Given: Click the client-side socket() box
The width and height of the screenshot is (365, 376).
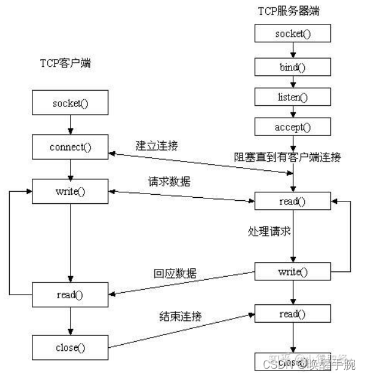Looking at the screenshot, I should click(x=70, y=103).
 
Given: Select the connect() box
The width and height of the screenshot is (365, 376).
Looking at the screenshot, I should click(x=70, y=147).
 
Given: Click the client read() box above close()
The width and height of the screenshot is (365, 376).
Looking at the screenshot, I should click(x=70, y=294).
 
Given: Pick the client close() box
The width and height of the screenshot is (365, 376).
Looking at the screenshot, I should click(x=70, y=347).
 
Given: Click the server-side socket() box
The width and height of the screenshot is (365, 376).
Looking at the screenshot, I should click(x=293, y=32).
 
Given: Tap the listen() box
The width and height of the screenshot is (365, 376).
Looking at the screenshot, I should click(x=293, y=96).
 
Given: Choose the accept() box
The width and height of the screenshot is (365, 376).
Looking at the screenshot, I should click(x=293, y=127).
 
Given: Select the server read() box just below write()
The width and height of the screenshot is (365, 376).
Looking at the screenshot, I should click(x=293, y=314).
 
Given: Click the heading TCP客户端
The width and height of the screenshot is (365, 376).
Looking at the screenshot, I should click(x=66, y=62).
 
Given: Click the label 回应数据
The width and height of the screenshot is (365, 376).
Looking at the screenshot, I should click(x=176, y=273).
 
